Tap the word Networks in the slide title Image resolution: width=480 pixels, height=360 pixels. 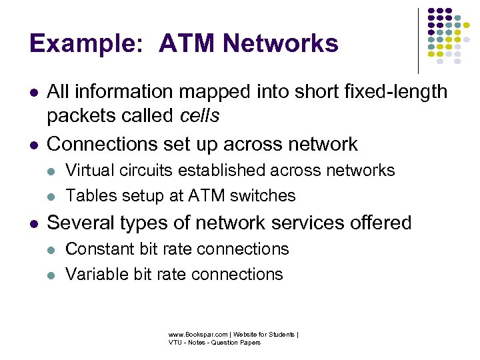click(281, 44)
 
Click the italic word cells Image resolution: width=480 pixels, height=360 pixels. click(199, 116)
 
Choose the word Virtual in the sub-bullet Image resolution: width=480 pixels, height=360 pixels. click(90, 171)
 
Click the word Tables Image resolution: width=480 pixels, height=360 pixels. click(89, 195)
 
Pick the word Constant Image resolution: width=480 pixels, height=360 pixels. click(98, 249)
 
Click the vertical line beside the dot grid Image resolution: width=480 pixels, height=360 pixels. click(418, 40)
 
